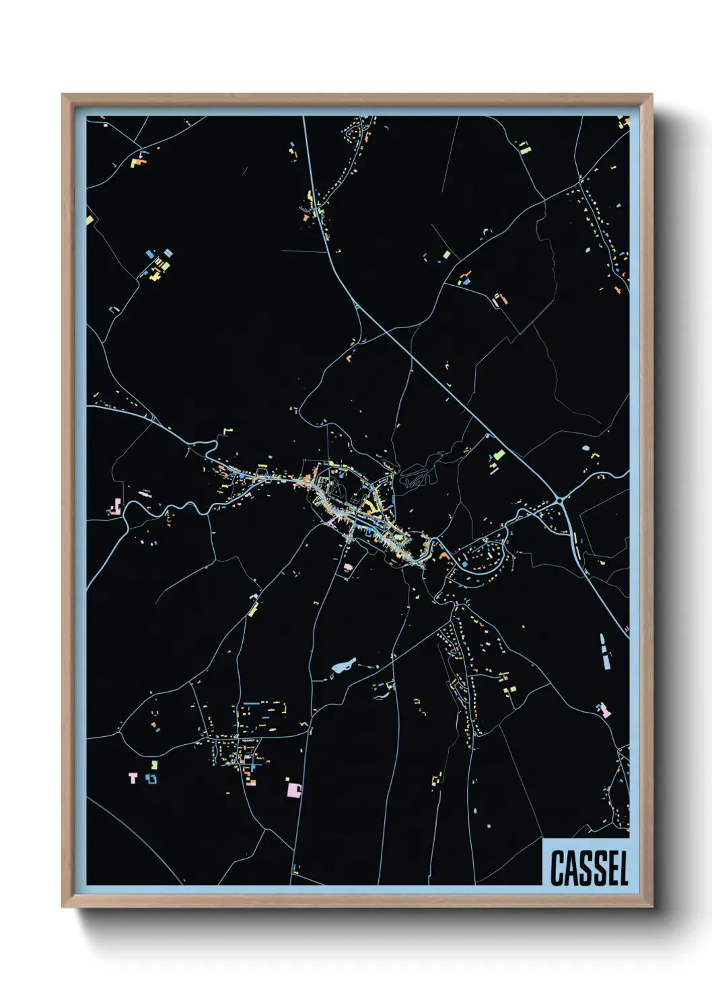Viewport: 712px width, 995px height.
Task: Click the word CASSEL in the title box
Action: (x=589, y=868)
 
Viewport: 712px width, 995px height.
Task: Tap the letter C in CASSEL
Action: (x=558, y=868)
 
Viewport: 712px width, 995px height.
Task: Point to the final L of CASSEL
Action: (x=622, y=868)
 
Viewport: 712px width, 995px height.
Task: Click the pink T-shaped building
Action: (x=133, y=778)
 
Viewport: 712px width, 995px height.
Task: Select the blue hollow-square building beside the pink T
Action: (x=151, y=779)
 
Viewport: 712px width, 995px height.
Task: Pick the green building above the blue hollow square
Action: (x=155, y=764)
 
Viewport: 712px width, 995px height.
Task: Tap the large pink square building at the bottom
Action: (x=293, y=789)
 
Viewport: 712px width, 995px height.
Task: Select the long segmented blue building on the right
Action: (x=604, y=650)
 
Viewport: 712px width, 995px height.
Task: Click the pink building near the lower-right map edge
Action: (x=604, y=709)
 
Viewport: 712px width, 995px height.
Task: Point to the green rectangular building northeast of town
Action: (x=499, y=455)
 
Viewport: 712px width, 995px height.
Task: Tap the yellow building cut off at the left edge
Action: (x=90, y=219)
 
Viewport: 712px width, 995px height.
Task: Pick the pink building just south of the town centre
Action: (x=347, y=568)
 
